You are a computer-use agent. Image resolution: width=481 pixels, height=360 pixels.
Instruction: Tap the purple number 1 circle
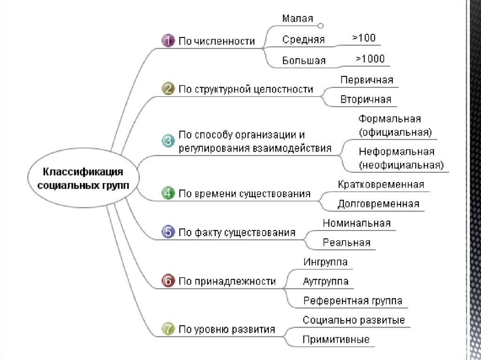[x=168, y=41]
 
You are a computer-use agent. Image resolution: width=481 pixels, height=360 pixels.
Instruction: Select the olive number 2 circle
[x=168, y=89]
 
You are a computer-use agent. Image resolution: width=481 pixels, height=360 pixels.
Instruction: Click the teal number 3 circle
[x=168, y=141]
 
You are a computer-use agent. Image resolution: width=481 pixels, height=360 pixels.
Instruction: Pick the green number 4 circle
[x=168, y=193]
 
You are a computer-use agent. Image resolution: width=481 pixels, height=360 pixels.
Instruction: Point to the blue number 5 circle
[x=168, y=232]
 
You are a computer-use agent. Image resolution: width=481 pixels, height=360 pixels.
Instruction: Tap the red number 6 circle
[x=168, y=281]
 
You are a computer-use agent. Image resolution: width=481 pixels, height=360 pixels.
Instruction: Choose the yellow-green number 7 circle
[x=168, y=329]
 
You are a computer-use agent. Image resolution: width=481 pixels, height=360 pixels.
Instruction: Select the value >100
[x=364, y=38]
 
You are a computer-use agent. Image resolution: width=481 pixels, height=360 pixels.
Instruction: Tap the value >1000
[x=370, y=59]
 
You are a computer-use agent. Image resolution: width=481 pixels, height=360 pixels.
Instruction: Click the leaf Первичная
[x=367, y=80]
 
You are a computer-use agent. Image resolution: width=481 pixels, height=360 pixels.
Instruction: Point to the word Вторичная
[x=366, y=100]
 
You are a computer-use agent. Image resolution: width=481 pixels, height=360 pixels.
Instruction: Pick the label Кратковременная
[x=381, y=184]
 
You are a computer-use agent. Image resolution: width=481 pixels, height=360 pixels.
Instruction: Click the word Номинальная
[x=357, y=223]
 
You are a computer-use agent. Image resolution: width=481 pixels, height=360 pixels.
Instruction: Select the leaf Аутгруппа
[x=326, y=281]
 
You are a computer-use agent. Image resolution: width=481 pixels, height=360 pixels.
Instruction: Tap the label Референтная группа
[x=353, y=301]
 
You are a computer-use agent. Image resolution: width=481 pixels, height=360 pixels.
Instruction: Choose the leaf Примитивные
[x=336, y=339]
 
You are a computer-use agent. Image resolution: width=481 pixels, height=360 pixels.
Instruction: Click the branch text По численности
[x=217, y=41]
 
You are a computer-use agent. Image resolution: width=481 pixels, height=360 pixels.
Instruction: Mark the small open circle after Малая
[x=321, y=26]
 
